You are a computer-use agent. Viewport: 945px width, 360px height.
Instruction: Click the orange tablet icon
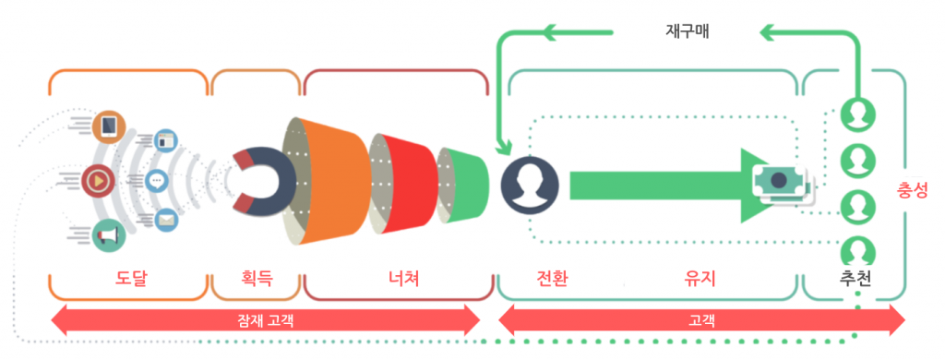109,125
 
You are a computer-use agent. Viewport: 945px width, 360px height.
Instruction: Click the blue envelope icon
165,219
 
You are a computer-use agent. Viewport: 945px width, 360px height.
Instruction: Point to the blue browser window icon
166,141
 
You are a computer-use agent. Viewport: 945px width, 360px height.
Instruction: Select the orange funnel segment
329,181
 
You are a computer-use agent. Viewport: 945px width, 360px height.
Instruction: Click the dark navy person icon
530,182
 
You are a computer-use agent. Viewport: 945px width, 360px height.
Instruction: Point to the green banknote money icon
781,181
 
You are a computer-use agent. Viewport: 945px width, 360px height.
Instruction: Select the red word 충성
913,191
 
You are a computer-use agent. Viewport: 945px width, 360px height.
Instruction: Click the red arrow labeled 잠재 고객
266,320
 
